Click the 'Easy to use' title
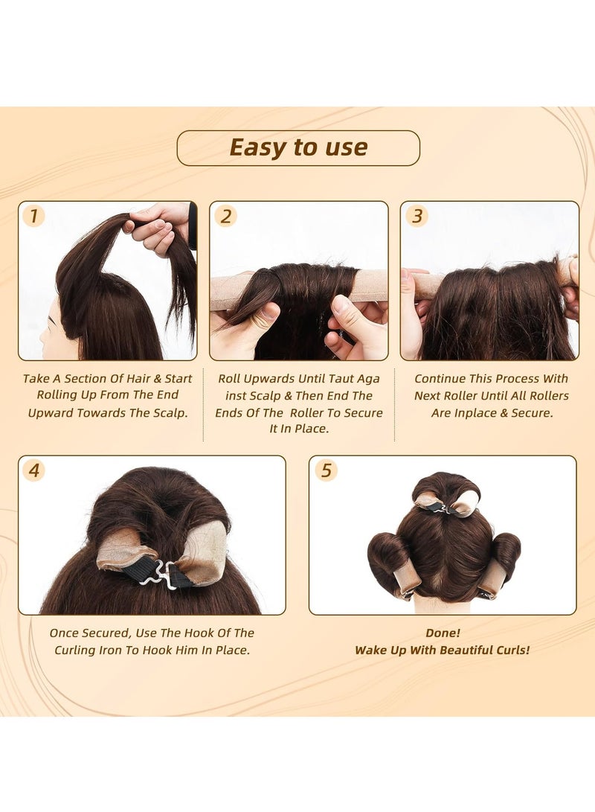298,147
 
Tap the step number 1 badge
33,216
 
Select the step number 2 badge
225,216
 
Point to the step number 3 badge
417,216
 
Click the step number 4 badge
33,470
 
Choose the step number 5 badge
325,470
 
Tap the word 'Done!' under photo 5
443,633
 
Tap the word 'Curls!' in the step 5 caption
508,650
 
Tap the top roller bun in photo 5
446,495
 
